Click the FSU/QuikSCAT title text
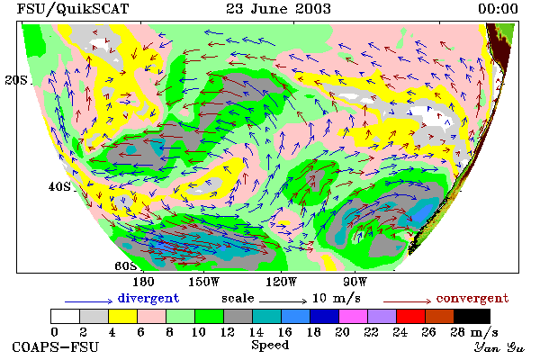pos(73,9)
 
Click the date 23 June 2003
pos(278,9)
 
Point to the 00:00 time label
pos(498,9)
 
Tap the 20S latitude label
pos(16,80)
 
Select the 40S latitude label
pos(59,186)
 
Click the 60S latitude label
pos(126,266)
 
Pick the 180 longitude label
pos(143,282)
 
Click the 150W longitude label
pos(204,282)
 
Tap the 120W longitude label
pos(281,282)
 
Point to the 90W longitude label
pos(355,282)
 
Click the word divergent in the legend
pos(148,298)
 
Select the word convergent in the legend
pos(472,298)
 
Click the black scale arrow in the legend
pos(283,301)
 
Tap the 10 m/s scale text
pos(336,298)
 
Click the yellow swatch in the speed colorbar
pos(122,316)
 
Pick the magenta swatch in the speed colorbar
pos(353,316)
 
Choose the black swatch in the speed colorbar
pos(472,316)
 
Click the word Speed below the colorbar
pos(270,345)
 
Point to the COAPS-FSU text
pos(56,346)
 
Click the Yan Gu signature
pos(499,347)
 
